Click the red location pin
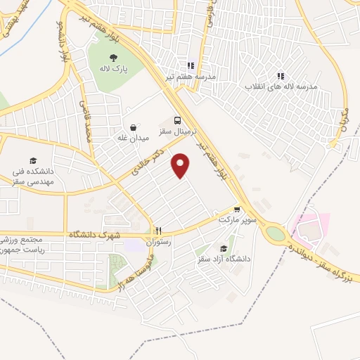click(x=181, y=166)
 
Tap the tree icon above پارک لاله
click(x=112, y=57)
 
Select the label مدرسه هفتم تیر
click(x=191, y=76)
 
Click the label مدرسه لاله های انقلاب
click(x=281, y=86)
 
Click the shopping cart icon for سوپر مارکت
click(x=238, y=209)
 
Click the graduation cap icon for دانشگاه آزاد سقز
click(x=224, y=248)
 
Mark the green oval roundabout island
click(x=276, y=234)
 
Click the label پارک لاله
click(x=112, y=69)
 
